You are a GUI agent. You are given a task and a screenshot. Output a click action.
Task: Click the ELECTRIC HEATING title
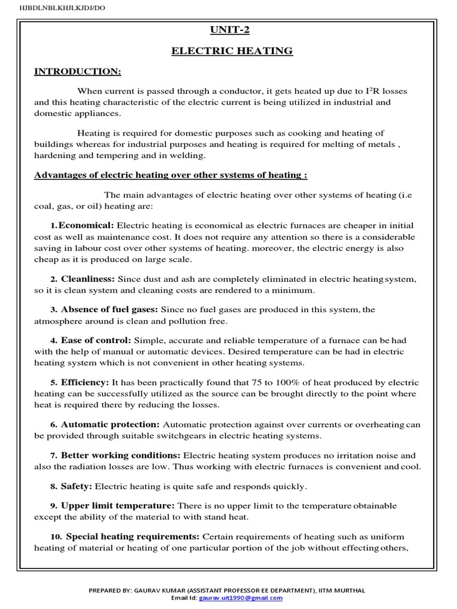click(232, 51)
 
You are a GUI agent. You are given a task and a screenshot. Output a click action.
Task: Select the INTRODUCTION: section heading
click(77, 72)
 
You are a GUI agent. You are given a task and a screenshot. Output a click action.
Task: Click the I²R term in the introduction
click(375, 92)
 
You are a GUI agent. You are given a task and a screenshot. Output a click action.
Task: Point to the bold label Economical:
click(86, 226)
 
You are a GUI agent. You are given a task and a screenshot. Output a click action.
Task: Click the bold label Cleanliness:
click(88, 279)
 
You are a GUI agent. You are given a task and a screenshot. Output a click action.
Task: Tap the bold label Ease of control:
click(96, 340)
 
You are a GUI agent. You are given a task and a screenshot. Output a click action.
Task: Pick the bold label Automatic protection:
click(110, 425)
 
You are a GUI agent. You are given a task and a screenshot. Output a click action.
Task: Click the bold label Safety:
click(76, 486)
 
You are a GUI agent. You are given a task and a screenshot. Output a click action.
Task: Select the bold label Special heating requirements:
click(133, 536)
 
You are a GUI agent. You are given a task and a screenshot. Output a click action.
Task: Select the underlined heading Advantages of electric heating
click(171, 175)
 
